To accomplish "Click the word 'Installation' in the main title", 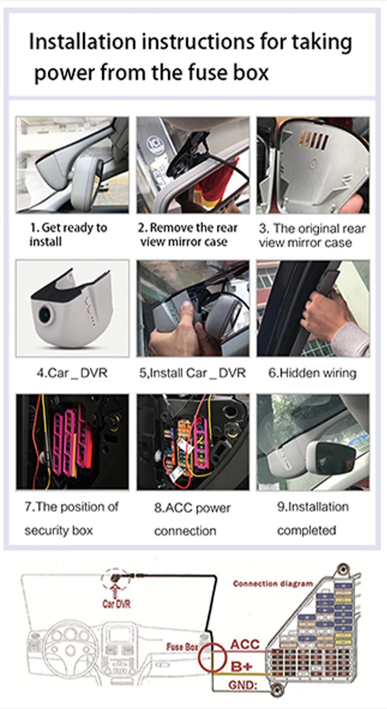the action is point(82,42).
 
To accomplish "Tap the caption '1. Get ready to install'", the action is point(68,234).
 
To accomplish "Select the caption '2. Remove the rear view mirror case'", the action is point(188,235).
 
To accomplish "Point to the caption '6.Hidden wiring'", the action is point(312,373).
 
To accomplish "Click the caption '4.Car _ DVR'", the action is point(72,373).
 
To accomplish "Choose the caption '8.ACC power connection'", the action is point(192,519).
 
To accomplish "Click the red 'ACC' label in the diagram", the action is point(245,644).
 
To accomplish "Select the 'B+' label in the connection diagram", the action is point(242,666).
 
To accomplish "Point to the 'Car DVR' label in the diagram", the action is point(116,604).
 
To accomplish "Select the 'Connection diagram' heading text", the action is point(273,584).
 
